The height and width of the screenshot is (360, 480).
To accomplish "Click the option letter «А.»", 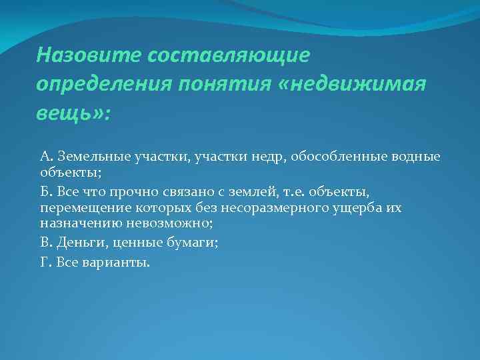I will pos(47,157).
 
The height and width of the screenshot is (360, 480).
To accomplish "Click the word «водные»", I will pos(408,157).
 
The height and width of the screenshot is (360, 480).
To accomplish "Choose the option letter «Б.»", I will pos(46,192).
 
